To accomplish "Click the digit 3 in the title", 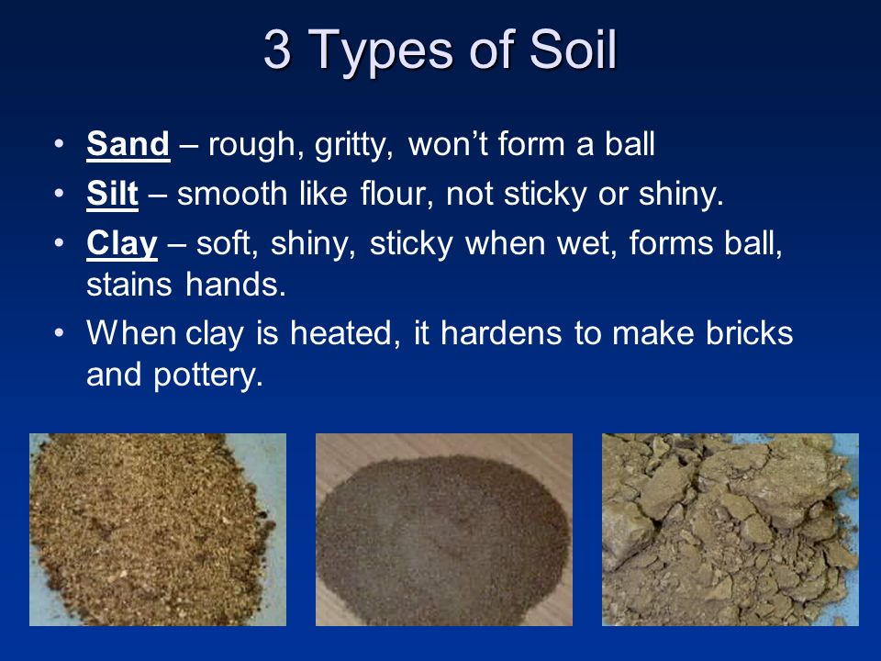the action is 277,50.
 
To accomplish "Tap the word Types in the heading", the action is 381,53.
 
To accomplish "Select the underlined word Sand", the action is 128,144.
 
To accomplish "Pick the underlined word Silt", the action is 112,194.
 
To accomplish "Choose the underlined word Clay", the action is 122,245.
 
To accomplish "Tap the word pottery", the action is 208,376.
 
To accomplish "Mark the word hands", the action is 236,285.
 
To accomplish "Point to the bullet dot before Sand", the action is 59,144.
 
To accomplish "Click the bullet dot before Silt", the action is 59,194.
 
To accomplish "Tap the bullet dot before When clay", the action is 59,332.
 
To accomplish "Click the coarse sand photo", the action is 158,530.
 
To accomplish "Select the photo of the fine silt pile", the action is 444,530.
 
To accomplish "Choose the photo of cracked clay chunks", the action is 730,530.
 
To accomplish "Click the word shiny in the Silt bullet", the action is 681,195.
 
